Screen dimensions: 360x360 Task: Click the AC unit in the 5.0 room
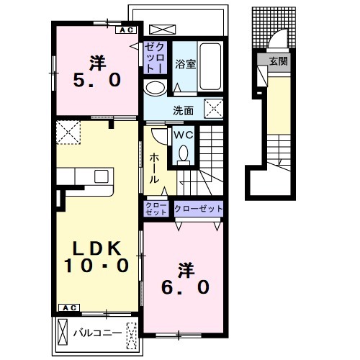point(126,30)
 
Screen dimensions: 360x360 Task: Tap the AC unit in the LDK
point(69,308)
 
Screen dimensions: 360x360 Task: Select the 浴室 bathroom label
point(185,64)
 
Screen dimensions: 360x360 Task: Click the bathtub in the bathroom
point(210,66)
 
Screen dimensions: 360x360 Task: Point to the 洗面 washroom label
point(183,111)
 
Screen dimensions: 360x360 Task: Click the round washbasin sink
point(155,89)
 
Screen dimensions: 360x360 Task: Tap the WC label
point(184,135)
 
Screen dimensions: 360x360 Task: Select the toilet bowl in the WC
point(184,153)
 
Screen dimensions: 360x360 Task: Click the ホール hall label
point(154,168)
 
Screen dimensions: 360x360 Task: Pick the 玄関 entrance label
point(278,61)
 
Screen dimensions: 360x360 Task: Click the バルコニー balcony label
point(97,333)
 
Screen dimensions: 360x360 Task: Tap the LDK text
point(96,248)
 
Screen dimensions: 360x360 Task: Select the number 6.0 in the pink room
point(185,287)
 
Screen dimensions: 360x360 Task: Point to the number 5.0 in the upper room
point(96,80)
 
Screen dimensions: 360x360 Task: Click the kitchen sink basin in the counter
point(102,176)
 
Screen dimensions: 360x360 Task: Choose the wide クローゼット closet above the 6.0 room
point(199,209)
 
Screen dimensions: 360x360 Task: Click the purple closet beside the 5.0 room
point(155,58)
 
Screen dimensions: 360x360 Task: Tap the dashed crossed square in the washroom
point(214,109)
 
